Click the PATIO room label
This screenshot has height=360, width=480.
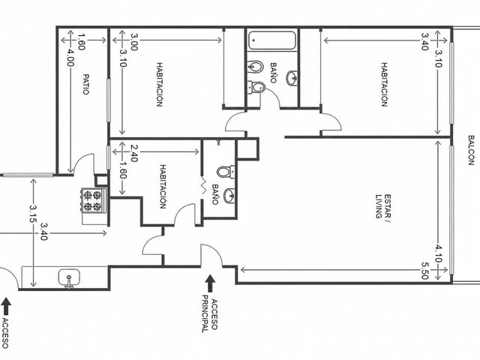pyautogui.click(x=86, y=84)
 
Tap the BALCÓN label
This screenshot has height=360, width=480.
pyautogui.click(x=471, y=150)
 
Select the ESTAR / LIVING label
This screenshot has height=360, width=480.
pyautogui.click(x=383, y=206)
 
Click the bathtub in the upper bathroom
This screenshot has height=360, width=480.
pyautogui.click(x=271, y=40)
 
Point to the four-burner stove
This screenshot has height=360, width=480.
pyautogui.click(x=93, y=200)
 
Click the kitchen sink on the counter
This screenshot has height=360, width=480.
pyautogui.click(x=70, y=278)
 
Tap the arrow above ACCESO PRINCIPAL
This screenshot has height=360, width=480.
pyautogui.click(x=210, y=283)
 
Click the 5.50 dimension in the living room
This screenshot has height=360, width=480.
pyautogui.click(x=424, y=271)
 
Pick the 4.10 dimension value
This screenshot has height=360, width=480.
pyautogui.click(x=439, y=253)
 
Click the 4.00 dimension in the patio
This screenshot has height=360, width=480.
pyautogui.click(x=70, y=58)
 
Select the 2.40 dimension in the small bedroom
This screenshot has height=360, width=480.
pyautogui.click(x=134, y=153)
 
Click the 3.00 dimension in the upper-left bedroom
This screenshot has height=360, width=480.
pyautogui.click(x=134, y=41)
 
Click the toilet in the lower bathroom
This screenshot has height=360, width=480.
pyautogui.click(x=226, y=172)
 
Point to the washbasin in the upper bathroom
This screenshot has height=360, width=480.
pyautogui.click(x=292, y=78)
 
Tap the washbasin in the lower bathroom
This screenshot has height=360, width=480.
pyautogui.click(x=229, y=196)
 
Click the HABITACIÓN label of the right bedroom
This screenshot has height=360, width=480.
pyautogui.click(x=384, y=84)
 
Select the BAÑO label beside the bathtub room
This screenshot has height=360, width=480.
pyautogui.click(x=273, y=73)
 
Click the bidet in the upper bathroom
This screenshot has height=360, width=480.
pyautogui.click(x=256, y=67)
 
